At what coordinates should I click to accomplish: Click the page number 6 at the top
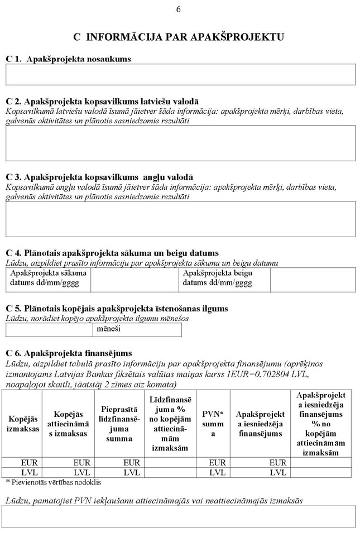pos(179,9)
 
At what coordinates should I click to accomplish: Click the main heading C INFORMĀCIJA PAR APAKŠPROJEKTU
pos(179,37)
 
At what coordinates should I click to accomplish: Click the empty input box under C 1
pos(180,74)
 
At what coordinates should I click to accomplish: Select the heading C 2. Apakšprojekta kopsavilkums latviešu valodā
pos(102,102)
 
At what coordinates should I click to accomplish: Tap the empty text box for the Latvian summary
pos(180,143)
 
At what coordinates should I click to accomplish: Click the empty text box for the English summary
pos(180,219)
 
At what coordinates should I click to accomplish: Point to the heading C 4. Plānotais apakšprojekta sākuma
pos(112,253)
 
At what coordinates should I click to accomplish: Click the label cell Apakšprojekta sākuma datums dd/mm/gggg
pos(48,278)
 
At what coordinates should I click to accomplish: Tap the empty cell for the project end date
pos(313,279)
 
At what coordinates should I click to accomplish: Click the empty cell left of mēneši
pos(49,330)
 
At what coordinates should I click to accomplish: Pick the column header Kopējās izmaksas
pos(23,424)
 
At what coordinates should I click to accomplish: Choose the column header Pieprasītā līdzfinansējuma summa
pos(119,424)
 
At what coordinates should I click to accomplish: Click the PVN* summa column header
pos(213,424)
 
